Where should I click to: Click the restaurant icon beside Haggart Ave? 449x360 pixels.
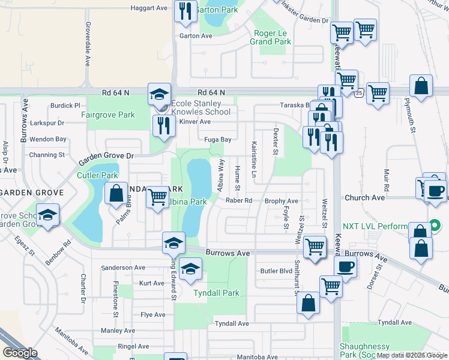[185, 10]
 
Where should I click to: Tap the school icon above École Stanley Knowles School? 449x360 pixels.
[159, 95]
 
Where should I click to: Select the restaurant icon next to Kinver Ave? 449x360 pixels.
[162, 125]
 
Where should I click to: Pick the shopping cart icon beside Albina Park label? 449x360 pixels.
[157, 196]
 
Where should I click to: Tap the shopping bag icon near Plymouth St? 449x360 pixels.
[421, 86]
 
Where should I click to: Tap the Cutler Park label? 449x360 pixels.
[97, 175]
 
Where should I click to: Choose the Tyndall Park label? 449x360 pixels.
[216, 293]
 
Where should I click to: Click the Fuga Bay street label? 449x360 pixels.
[218, 140]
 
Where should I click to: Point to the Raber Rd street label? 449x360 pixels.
[238, 201]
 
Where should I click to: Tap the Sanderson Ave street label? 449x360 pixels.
[123, 268]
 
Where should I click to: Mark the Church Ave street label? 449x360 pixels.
[364, 197]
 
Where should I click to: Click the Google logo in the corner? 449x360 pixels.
[20, 353]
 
